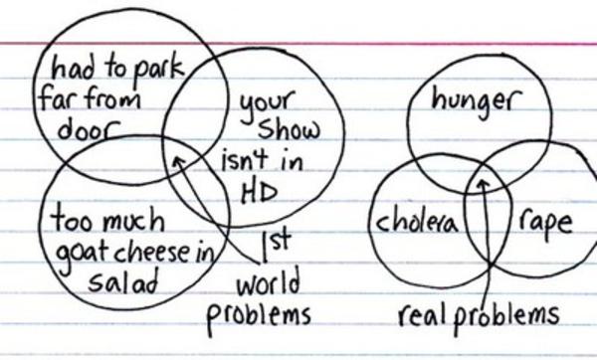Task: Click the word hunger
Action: (x=478, y=101)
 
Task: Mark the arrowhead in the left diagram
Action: (x=178, y=158)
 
